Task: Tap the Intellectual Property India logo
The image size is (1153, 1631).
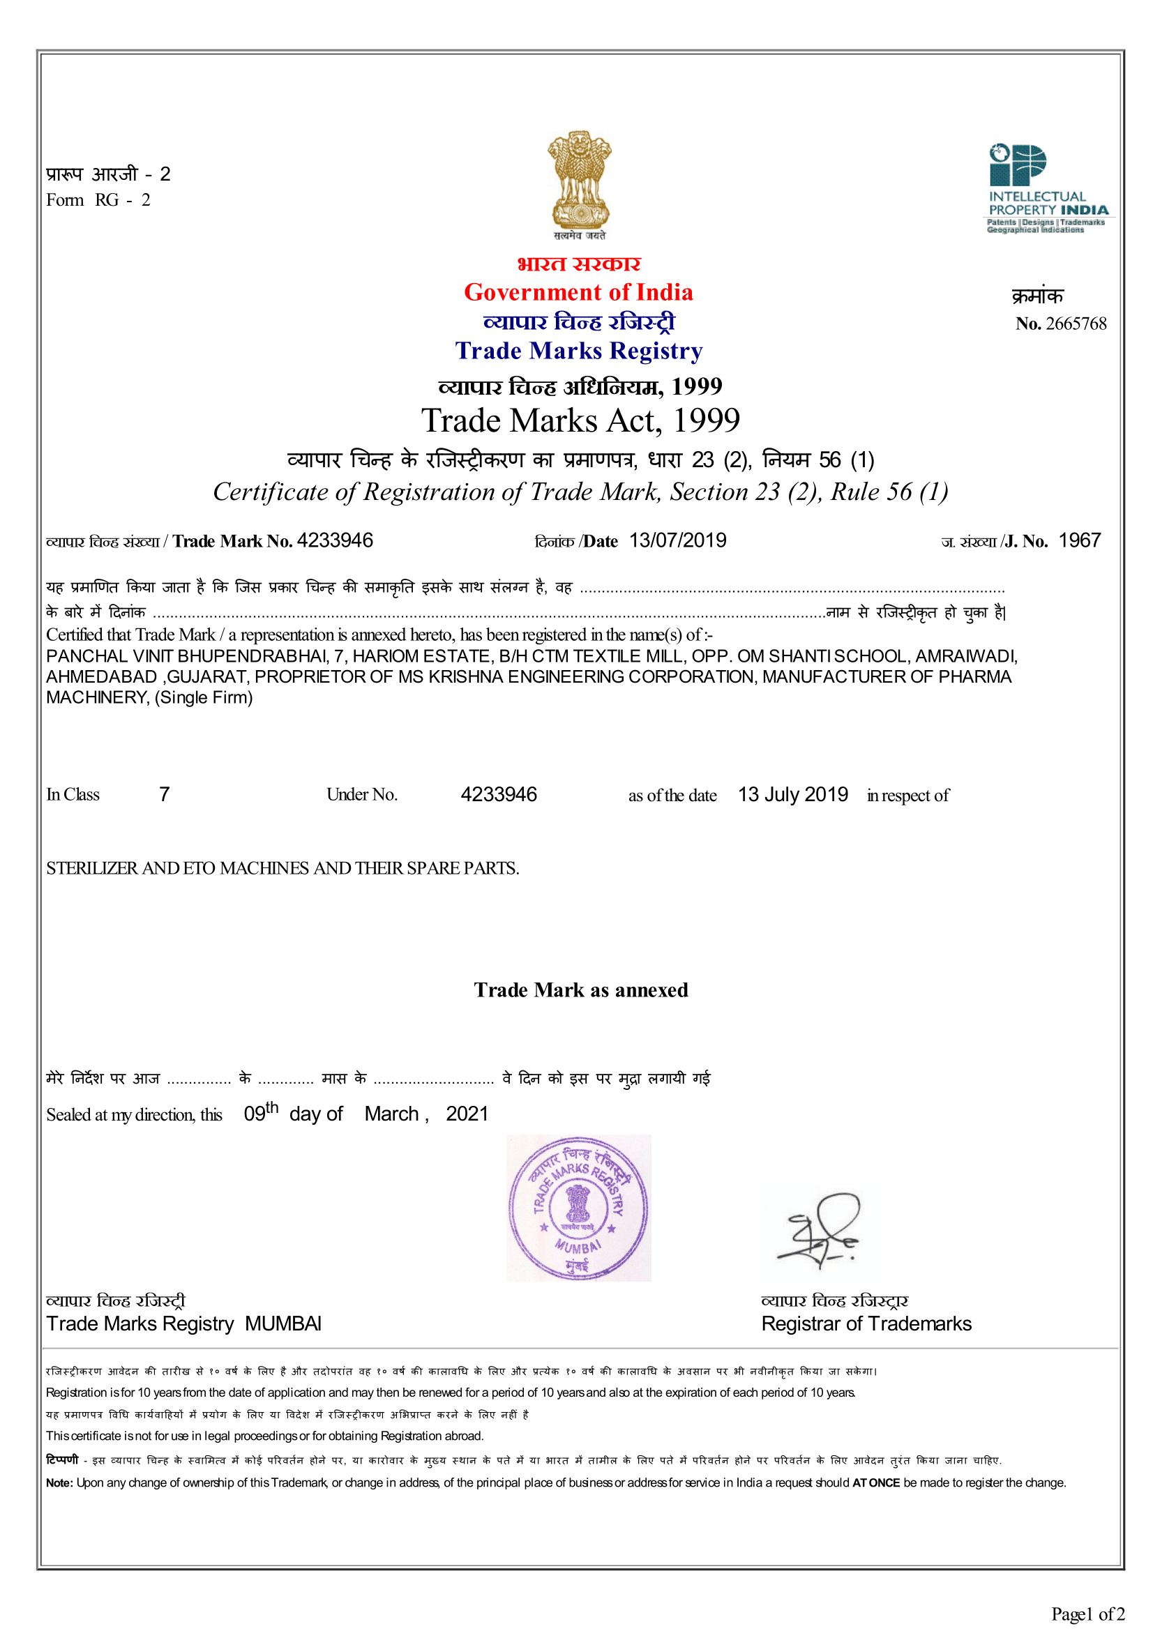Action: point(1047,188)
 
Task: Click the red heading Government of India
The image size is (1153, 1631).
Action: point(578,292)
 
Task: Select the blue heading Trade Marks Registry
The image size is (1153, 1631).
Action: point(578,351)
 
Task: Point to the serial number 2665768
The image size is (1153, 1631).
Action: point(1076,324)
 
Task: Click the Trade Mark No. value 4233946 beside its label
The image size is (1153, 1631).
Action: point(335,540)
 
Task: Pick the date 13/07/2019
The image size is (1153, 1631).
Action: point(678,540)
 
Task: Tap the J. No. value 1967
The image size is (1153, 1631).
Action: point(1079,540)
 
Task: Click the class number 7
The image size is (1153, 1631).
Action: point(164,794)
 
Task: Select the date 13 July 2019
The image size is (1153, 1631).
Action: point(793,794)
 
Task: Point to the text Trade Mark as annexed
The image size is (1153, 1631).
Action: point(580,990)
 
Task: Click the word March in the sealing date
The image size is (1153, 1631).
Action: point(391,1114)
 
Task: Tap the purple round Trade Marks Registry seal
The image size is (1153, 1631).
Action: point(578,1208)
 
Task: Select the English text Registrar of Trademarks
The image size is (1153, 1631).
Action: point(866,1323)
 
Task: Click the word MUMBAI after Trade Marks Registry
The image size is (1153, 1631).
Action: point(282,1323)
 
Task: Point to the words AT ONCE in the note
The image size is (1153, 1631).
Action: point(876,1482)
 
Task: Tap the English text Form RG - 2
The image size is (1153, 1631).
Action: point(98,200)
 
